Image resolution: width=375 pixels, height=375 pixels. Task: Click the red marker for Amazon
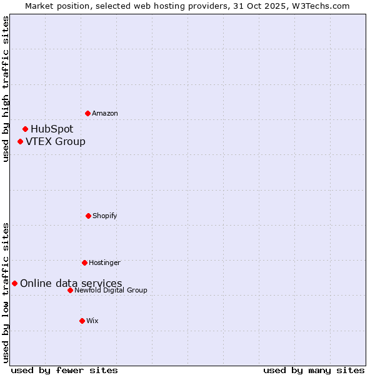(87, 113)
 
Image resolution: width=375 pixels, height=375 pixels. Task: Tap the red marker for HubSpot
(25, 129)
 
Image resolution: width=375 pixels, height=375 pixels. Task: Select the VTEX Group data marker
(20, 141)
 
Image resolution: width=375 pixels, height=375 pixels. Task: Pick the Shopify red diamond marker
(88, 216)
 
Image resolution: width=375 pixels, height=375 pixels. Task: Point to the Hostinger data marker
(84, 262)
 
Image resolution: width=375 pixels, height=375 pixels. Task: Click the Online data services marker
(14, 283)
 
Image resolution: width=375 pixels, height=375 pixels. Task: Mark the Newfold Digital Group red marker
(70, 290)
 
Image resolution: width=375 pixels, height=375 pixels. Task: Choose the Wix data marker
(82, 321)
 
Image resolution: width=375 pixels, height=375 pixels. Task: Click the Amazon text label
(105, 113)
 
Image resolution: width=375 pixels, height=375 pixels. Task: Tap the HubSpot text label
(52, 129)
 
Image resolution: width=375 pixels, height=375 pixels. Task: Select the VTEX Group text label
(56, 141)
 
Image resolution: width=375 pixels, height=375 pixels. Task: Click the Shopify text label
(105, 216)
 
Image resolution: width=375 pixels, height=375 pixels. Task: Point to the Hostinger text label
(104, 262)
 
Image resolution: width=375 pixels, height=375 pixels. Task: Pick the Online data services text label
(71, 283)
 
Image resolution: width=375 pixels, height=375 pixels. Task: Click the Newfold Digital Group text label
(111, 290)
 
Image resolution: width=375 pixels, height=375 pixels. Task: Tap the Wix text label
(92, 321)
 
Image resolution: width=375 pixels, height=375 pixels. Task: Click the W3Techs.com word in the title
(321, 6)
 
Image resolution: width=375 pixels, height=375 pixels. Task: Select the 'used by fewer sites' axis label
(64, 370)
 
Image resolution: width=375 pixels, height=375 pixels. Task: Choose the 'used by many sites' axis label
(314, 370)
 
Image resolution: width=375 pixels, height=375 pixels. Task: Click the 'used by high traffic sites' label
(6, 89)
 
